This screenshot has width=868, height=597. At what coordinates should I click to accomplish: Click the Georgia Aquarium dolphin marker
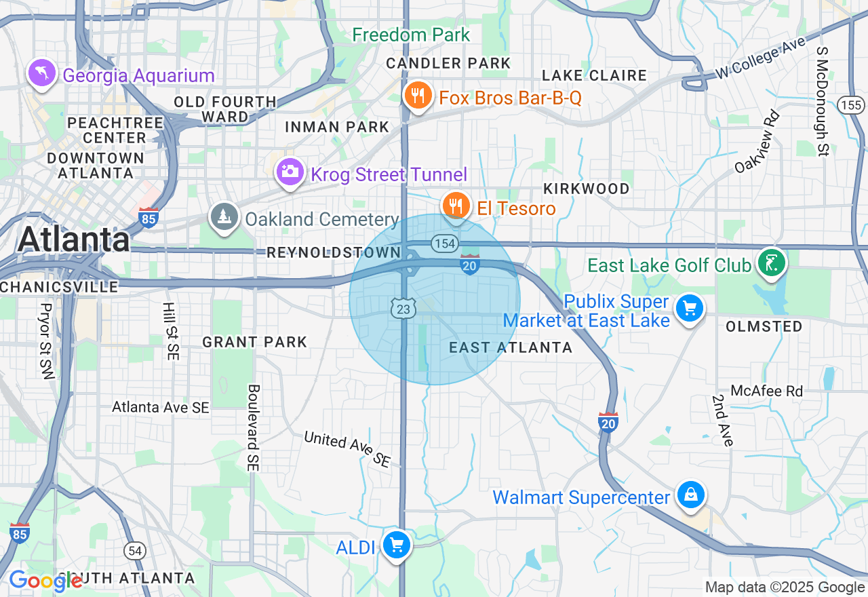[x=41, y=73]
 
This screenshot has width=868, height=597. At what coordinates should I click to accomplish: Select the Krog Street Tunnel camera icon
[x=290, y=172]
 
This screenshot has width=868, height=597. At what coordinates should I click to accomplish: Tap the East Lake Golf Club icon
[x=772, y=263]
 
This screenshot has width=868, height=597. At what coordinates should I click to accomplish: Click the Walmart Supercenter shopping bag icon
[x=690, y=495]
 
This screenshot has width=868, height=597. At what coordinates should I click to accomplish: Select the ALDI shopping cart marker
[x=396, y=545]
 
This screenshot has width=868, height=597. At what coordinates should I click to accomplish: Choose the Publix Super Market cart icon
[x=690, y=309]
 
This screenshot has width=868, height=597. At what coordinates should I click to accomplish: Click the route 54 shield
[x=136, y=550]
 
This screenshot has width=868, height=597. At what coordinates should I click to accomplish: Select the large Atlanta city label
[x=74, y=239]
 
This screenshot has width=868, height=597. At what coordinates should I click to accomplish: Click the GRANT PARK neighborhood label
[x=255, y=342]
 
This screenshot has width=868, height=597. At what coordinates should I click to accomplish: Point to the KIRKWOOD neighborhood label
[x=586, y=189]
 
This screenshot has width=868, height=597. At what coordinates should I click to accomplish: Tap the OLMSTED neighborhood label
[x=764, y=327]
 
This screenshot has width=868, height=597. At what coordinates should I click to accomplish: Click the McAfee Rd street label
[x=766, y=391]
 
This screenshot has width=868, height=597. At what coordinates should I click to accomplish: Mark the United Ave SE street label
[x=347, y=448]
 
